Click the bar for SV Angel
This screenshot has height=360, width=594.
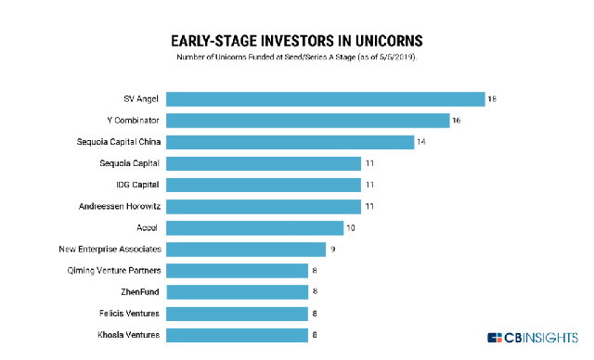tap(325, 99)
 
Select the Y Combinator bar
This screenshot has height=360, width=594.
tap(307, 121)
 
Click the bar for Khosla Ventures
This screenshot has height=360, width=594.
tap(237, 334)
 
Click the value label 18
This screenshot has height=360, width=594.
tap(492, 99)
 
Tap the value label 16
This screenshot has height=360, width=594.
tap(457, 121)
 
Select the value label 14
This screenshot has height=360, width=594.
tap(421, 142)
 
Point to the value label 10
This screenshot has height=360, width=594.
tap(351, 227)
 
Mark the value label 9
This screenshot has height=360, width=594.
tap(332, 249)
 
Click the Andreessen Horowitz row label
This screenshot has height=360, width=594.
tap(117, 206)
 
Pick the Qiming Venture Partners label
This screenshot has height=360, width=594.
tap(115, 270)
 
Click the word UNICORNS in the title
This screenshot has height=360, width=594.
tap(382, 42)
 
